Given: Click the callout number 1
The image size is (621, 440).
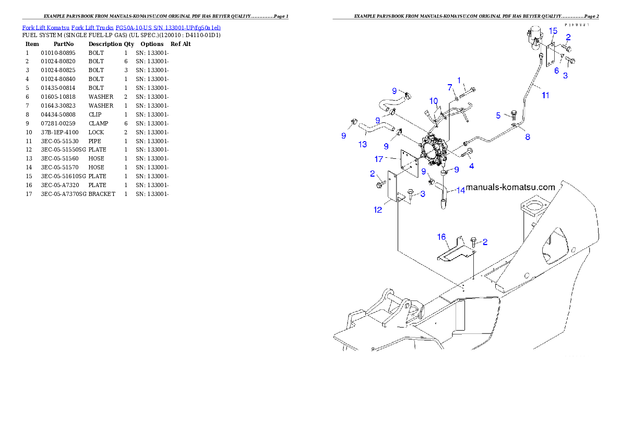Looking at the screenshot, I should point(460,80).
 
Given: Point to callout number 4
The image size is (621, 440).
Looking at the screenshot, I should point(472,166).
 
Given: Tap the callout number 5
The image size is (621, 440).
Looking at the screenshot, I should point(498,115).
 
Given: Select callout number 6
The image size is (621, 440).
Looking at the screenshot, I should point(556,70).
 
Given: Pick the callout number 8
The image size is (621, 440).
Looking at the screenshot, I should point(528,137).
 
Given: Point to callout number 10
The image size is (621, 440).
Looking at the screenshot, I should point(434,100).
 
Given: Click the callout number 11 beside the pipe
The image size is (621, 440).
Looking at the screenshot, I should point(545,96).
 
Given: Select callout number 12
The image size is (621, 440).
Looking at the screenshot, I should point(378,210).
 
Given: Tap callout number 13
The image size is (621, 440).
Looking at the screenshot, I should point(362,144).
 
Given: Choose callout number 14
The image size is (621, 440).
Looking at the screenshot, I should point(461,190).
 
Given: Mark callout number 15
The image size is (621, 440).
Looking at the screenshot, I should point(553,31).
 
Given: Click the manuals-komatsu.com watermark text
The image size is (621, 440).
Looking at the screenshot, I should point(510,187).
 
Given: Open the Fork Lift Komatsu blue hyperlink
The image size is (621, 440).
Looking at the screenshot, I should point(121,27).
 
